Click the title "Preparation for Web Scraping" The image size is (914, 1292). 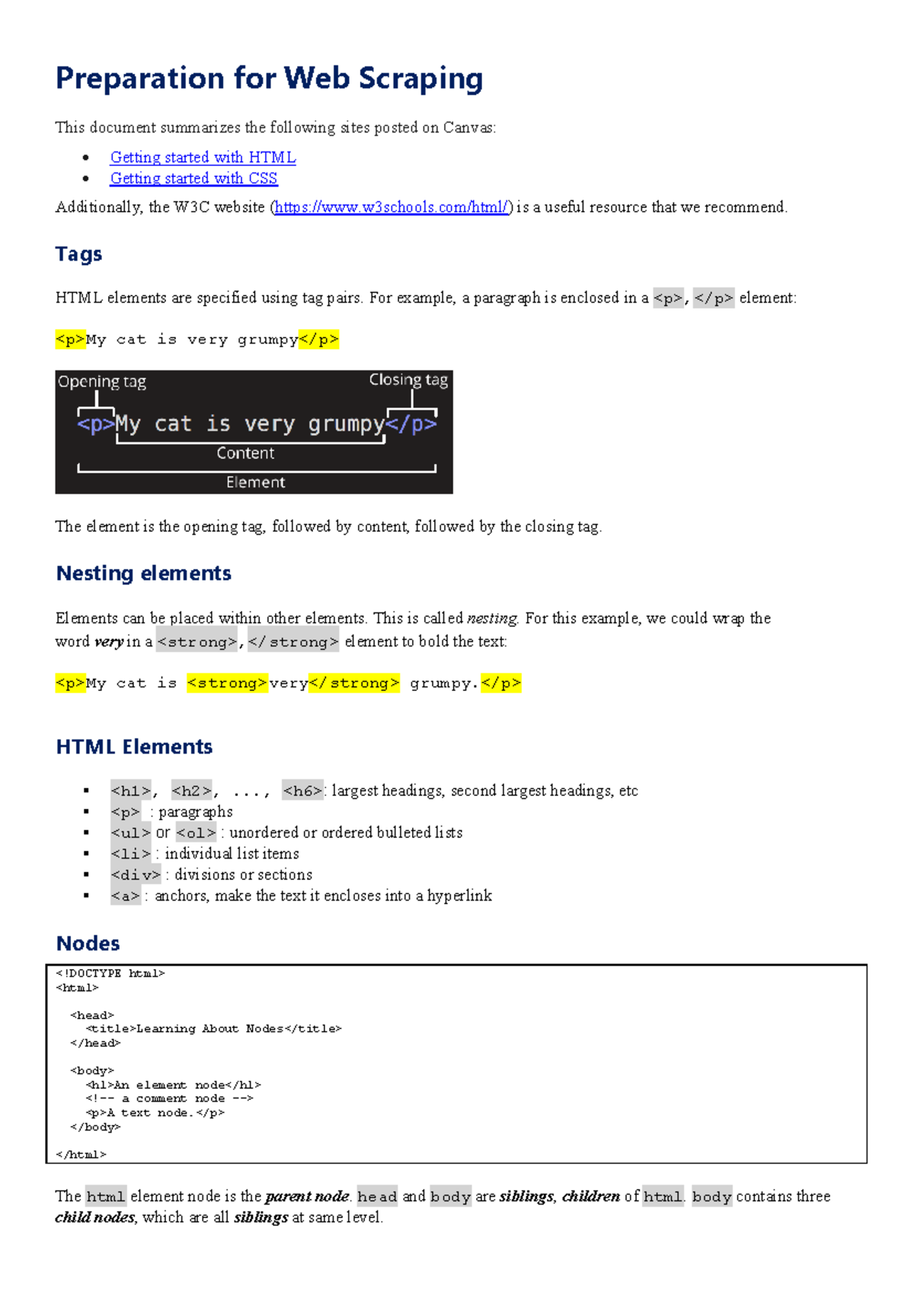tap(269, 79)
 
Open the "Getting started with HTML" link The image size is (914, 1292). tap(203, 158)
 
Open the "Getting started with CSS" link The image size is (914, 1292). tap(193, 178)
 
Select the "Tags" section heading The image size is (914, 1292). tap(78, 254)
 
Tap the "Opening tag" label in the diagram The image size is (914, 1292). tap(102, 382)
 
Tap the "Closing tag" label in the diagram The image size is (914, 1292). tap(408, 379)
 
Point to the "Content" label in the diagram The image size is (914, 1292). tap(245, 453)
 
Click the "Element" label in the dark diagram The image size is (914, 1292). tap(255, 482)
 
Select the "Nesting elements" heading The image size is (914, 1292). tap(143, 574)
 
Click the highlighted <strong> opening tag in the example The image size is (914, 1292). tap(227, 683)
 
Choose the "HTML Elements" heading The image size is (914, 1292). tap(134, 747)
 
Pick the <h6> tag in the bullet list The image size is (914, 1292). tap(302, 792)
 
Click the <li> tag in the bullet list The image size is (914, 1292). tap(131, 855)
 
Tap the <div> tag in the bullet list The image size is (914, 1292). tap(136, 875)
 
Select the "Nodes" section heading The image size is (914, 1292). tap(88, 944)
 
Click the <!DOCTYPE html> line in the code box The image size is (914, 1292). tap(110, 974)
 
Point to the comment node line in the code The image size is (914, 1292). tap(169, 1099)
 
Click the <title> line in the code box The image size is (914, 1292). tap(213, 1029)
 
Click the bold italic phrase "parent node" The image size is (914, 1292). tap(307, 1197)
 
